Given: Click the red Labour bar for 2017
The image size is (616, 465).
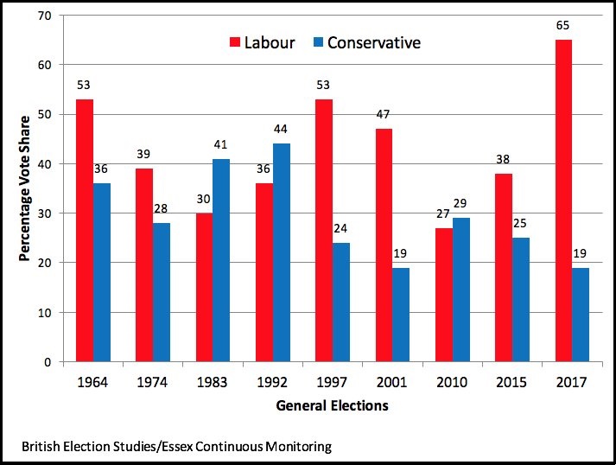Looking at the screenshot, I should point(562,201).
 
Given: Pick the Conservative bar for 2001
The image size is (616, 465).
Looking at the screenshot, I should point(400,315).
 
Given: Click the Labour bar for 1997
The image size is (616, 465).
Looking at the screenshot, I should point(323,230).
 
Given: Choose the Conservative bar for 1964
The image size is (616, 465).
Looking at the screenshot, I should point(103,272).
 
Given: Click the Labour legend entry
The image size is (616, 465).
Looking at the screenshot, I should point(260,42).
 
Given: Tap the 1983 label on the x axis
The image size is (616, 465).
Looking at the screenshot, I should point(213,380).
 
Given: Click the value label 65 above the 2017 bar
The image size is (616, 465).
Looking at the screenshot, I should point(563,27).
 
